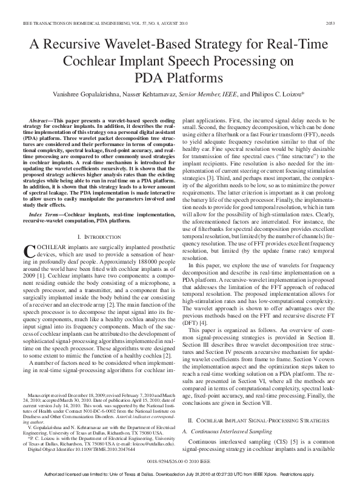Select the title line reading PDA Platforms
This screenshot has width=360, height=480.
[x=180, y=78]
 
